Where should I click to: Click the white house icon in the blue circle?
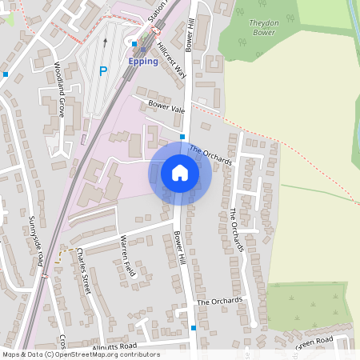[180, 172]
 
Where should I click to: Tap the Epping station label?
[143, 61]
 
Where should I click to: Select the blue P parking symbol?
[102, 71]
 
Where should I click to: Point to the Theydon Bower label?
[264, 28]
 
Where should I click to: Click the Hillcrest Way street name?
[170, 58]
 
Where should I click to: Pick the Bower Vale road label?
[166, 106]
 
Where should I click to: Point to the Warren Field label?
[128, 256]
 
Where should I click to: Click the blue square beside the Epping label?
[134, 44]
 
